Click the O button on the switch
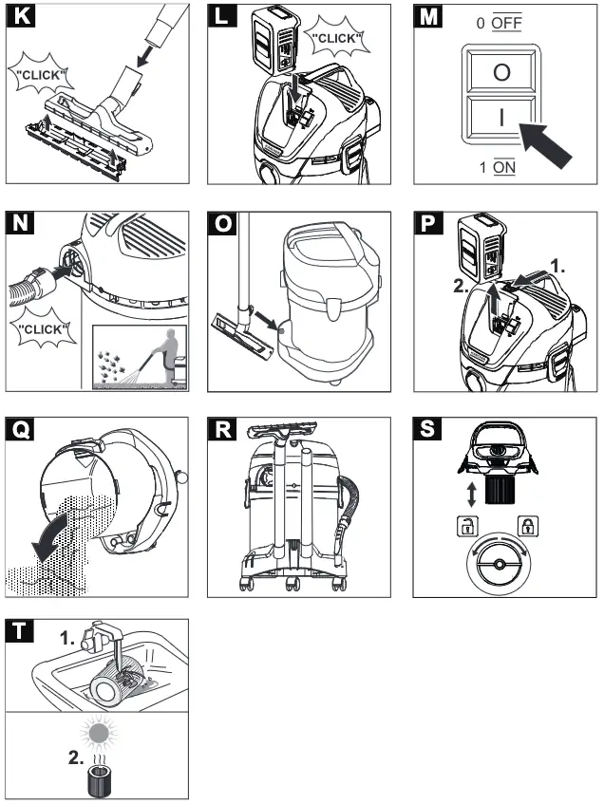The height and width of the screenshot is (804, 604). pyautogui.click(x=501, y=73)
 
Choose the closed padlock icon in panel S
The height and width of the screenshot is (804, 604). pyautogui.click(x=525, y=523)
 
